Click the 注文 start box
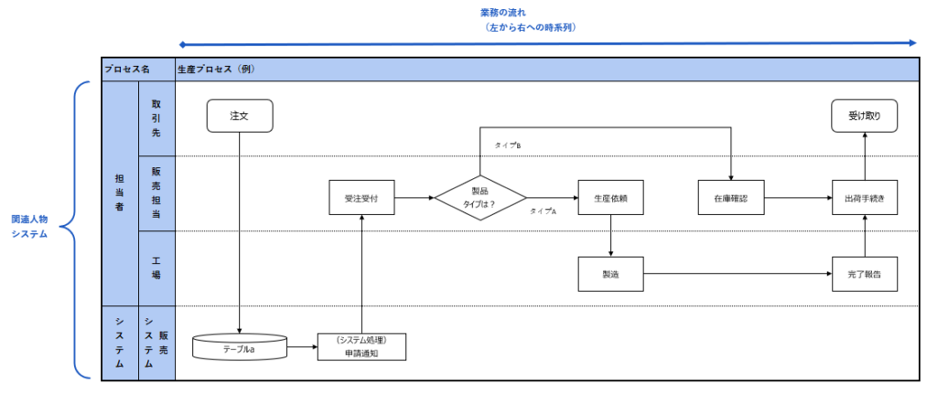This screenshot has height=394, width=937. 239,116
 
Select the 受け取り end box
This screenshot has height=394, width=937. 864,116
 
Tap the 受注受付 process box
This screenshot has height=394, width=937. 361,197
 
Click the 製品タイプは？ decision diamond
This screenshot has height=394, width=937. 480,197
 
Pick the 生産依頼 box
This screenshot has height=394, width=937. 609,197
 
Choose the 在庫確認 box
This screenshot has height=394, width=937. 729,197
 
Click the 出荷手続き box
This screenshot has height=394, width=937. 864,197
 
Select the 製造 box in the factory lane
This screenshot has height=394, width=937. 609,273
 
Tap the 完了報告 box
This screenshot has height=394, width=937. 864,273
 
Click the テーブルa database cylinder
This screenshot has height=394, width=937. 239,347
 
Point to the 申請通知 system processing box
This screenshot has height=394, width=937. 361,346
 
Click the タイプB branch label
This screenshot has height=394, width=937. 508,145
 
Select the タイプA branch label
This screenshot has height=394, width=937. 544,211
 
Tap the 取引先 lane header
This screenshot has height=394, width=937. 156,118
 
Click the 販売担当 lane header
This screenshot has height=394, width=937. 156,193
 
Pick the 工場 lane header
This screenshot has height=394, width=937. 156,268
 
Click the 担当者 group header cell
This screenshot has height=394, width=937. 119,194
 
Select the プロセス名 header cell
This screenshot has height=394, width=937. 127,69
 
